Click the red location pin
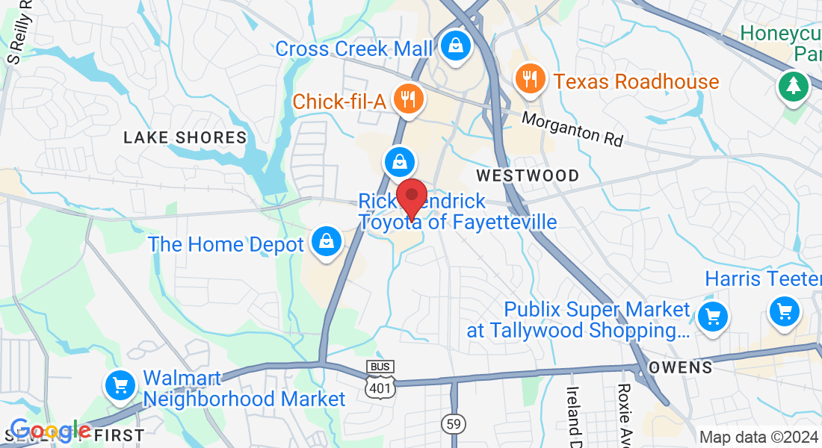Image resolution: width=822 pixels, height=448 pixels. coord(411,197)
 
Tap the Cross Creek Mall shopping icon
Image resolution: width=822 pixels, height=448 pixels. coord(454,46)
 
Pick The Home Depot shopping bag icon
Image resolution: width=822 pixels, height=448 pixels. coord(327,242)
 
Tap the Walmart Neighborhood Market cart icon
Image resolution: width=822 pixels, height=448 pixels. coord(120,385)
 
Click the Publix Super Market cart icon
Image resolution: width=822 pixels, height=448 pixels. coord(712,317)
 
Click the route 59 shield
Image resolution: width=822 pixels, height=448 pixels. coord(453,423)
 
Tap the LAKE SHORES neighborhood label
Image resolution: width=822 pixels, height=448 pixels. coord(185,137)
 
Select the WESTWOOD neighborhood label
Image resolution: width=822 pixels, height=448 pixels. coord(528,175)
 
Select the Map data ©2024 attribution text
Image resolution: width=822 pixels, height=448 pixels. coord(758,438)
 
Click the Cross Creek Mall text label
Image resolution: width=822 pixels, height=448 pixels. coord(353,49)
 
